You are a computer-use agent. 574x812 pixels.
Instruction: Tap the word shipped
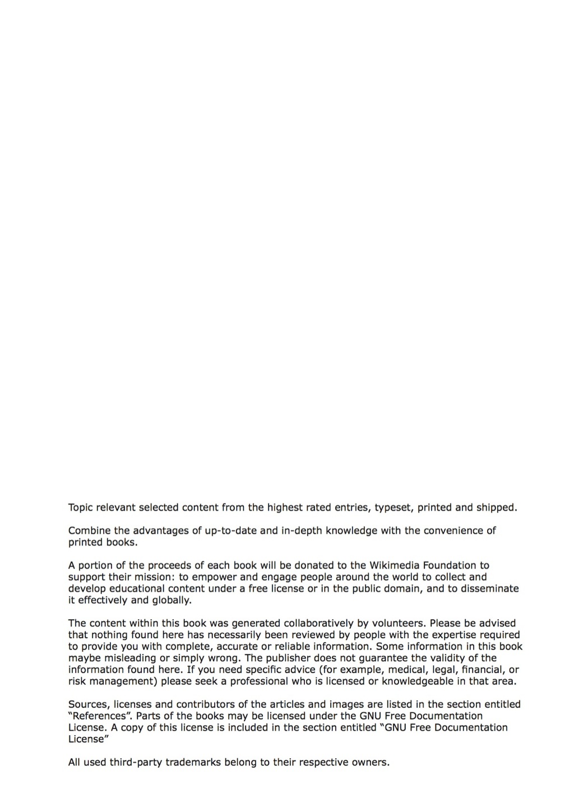[x=496, y=508]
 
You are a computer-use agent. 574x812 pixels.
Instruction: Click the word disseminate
[x=489, y=589]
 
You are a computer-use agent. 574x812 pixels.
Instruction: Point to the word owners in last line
[x=370, y=763]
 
